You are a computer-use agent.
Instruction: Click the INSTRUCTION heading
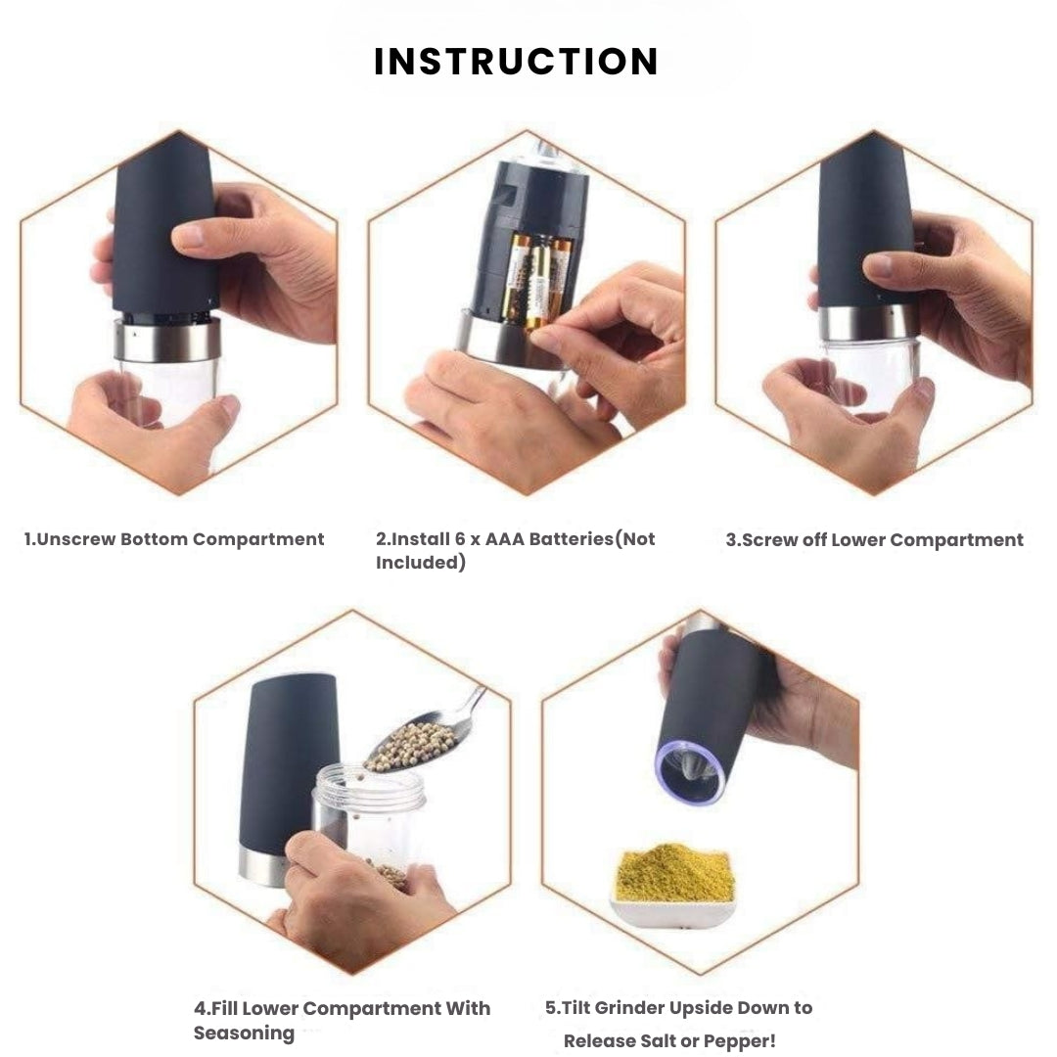click(516, 62)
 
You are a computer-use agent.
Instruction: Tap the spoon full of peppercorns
click(416, 744)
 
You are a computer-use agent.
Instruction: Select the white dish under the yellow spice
click(672, 912)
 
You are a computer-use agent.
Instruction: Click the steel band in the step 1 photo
click(167, 340)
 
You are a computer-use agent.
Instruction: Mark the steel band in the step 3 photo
click(868, 322)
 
